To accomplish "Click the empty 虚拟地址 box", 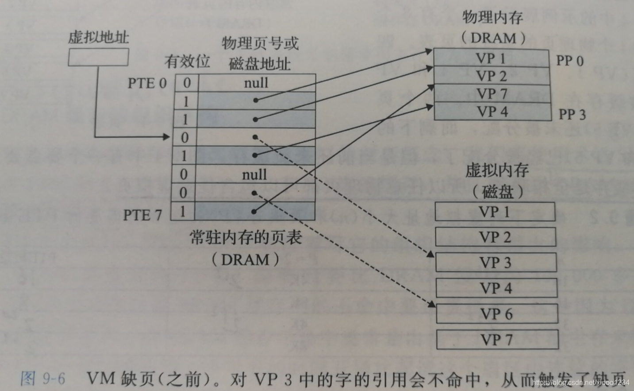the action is click(98, 57).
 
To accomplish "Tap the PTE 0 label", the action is click(147, 83).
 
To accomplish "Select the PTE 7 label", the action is click(142, 215).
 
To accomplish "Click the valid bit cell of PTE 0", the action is click(187, 83).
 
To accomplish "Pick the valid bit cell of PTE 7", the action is click(183, 211).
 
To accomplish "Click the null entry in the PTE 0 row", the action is click(256, 83).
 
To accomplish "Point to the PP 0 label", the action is click(569, 61).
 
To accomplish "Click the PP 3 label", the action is click(572, 114).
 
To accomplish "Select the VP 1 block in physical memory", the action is click(491, 58).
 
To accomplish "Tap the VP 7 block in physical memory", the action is click(492, 94).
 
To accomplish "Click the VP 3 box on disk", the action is click(496, 263).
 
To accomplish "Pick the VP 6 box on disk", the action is click(496, 314).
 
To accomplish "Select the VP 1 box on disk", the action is click(495, 212).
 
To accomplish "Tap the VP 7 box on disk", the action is click(497, 340).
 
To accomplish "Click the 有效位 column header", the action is click(187, 62).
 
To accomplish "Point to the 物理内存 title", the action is click(492, 18).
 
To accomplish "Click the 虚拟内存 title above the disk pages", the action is click(496, 170).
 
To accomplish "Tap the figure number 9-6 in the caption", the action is click(54, 379).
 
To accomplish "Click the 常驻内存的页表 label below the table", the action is click(246, 238).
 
